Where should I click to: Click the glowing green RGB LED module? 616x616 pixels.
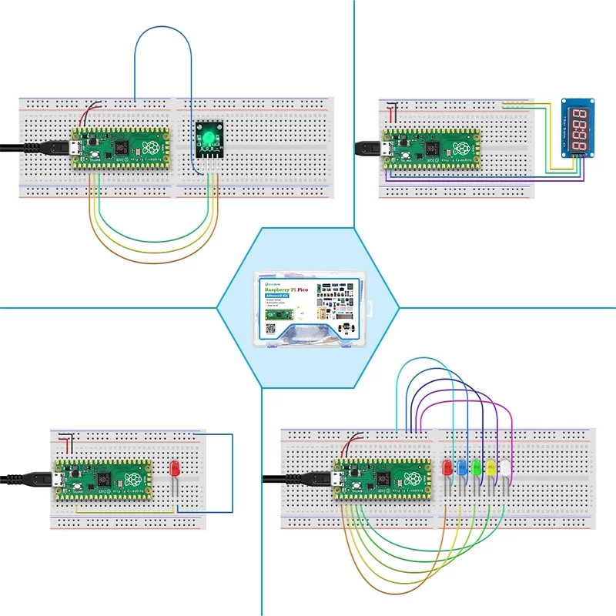(208, 139)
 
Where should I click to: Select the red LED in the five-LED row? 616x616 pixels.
(447, 467)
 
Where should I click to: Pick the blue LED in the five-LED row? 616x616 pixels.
(462, 467)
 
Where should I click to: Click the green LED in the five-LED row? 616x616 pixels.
(477, 467)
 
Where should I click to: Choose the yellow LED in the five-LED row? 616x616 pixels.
(491, 467)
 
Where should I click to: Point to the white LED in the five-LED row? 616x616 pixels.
(506, 467)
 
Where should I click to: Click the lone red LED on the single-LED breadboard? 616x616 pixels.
(174, 468)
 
